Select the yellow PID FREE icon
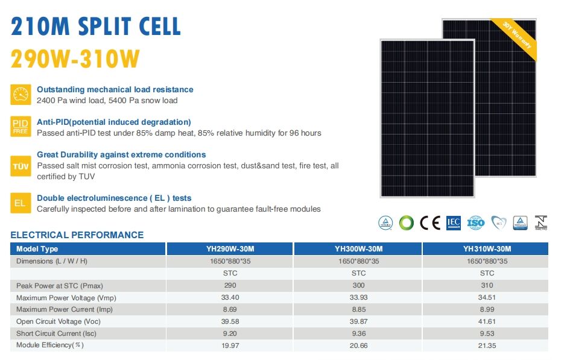pos(21,127)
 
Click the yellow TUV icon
pos(21,165)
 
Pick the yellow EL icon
pos(21,203)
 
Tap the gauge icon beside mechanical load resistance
pos(21,94)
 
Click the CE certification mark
pos(430,223)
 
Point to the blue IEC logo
pos(453,223)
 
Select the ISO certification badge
pos(476,223)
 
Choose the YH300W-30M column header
pos(358,248)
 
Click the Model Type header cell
pos(37,248)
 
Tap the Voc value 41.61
pos(487,321)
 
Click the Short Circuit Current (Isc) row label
pos(56,333)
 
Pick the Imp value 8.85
pos(358,309)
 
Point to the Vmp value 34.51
pos(487,297)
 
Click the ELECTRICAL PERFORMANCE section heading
pos(77,235)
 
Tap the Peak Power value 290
pos(230,285)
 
